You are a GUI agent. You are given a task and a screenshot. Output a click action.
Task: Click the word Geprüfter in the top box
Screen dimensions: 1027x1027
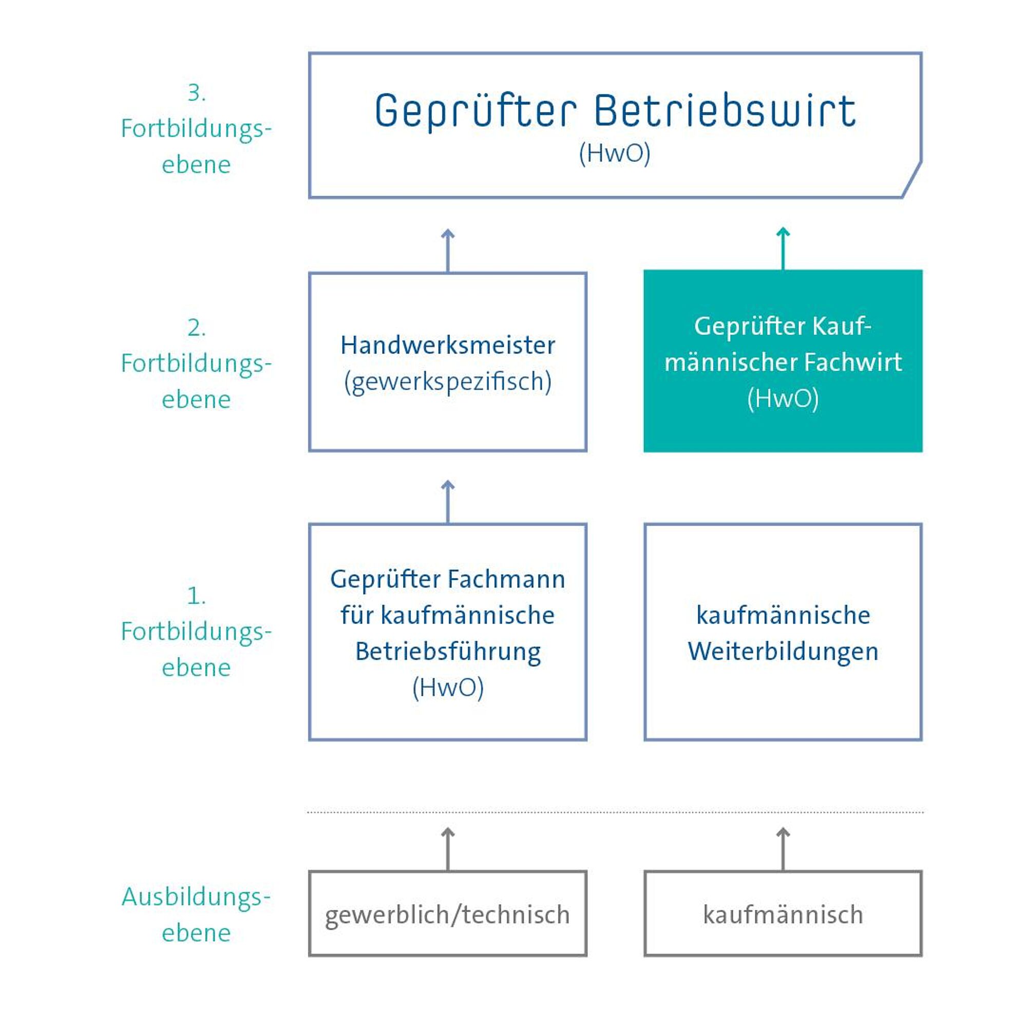pyautogui.click(x=476, y=111)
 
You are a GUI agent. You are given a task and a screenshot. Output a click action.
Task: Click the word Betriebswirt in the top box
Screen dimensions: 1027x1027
pyautogui.click(x=725, y=110)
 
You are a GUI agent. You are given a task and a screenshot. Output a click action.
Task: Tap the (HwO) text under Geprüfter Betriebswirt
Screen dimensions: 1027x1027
pyautogui.click(x=615, y=154)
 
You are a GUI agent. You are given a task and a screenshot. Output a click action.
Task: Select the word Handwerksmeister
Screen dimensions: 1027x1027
pyautogui.click(x=448, y=346)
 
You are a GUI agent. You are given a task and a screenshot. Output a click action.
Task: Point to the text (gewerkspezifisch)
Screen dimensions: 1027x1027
pyautogui.click(x=448, y=382)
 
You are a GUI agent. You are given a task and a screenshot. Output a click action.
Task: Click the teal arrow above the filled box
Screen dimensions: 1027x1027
pyautogui.click(x=783, y=248)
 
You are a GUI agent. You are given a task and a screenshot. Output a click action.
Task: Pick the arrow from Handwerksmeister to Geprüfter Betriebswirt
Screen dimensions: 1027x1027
pyautogui.click(x=448, y=251)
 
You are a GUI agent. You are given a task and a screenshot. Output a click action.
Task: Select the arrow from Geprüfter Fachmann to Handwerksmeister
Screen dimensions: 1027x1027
pyautogui.click(x=448, y=502)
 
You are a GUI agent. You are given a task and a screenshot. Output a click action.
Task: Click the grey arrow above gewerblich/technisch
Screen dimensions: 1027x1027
pyautogui.click(x=448, y=849)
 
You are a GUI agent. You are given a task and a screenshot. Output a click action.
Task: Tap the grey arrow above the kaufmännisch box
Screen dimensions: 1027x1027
pyautogui.click(x=783, y=849)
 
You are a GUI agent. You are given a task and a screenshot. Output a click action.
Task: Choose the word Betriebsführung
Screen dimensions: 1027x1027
pyautogui.click(x=448, y=652)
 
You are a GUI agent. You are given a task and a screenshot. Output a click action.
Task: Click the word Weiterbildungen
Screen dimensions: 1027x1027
pyautogui.click(x=783, y=652)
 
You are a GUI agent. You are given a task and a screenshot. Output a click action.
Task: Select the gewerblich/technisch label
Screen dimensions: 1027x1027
pyautogui.click(x=448, y=915)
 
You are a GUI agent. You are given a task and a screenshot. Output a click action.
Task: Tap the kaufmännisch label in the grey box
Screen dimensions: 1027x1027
pyautogui.click(x=783, y=915)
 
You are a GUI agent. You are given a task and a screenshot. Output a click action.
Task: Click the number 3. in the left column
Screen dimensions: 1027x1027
pyautogui.click(x=196, y=93)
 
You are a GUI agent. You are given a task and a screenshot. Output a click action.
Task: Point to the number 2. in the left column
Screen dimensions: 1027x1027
pyautogui.click(x=196, y=328)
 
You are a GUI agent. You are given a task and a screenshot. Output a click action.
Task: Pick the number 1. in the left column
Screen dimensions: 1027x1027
pyautogui.click(x=196, y=596)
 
